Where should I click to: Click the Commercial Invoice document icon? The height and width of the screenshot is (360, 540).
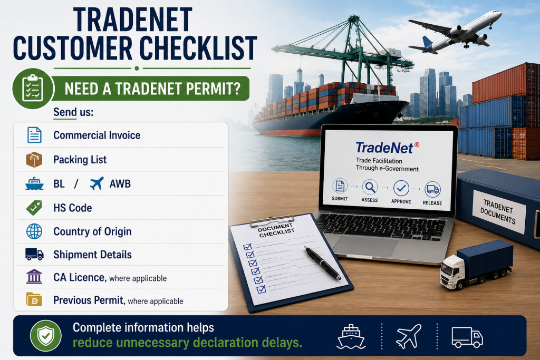tap(34, 135)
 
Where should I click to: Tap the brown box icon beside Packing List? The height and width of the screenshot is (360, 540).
tap(34, 160)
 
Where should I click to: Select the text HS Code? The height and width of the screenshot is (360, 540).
tap(73, 208)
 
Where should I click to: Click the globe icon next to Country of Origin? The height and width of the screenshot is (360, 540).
tap(34, 231)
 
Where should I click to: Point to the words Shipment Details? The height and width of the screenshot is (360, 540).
tap(93, 255)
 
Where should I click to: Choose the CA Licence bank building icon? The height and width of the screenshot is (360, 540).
tap(34, 277)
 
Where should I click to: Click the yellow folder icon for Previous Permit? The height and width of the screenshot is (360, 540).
tap(34, 299)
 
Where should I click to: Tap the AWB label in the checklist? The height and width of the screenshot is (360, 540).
tap(120, 184)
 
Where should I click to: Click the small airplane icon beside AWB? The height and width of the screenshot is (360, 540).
tap(97, 183)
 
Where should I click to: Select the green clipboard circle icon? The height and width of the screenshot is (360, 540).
tap(33, 89)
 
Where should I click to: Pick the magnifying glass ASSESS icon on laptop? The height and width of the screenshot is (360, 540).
tap(370, 188)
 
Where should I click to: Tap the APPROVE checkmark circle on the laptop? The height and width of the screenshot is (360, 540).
tap(401, 189)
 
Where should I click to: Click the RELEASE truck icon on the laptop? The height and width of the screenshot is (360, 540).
tap(432, 190)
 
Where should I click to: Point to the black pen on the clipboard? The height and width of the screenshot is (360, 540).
tap(323, 262)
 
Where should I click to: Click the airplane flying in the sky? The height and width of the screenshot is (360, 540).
tap(455, 32)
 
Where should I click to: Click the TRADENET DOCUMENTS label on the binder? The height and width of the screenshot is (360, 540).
tap(498, 212)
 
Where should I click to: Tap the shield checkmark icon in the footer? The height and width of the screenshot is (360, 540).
tap(46, 336)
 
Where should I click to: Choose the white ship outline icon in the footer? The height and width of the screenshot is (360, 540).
tap(351, 337)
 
